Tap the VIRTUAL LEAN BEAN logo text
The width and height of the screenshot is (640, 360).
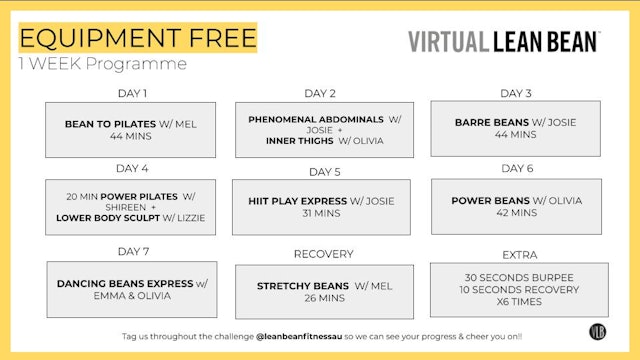pyautogui.click(x=503, y=41)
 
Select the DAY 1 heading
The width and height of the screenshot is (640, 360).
pyautogui.click(x=132, y=93)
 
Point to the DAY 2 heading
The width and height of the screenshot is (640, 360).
pyautogui.click(x=319, y=93)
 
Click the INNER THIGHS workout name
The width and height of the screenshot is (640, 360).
pyautogui.click(x=289, y=141)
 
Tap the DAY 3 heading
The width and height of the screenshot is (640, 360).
pyautogui.click(x=515, y=93)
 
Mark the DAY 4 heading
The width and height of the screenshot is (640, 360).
pyautogui.click(x=132, y=168)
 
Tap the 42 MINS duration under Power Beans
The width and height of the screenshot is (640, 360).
pyautogui.click(x=516, y=213)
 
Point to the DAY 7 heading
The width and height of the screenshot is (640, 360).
pyautogui.click(x=132, y=250)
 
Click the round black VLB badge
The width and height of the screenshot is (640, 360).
pyautogui.click(x=598, y=334)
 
